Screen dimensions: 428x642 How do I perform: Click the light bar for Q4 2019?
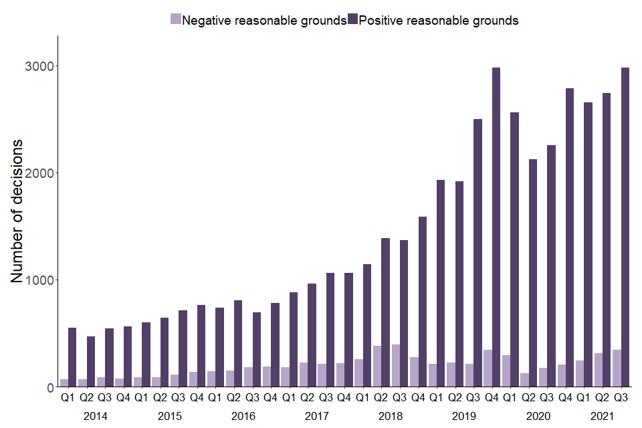488,368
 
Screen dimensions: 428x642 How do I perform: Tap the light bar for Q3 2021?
617,368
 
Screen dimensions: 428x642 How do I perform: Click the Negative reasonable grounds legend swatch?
176,19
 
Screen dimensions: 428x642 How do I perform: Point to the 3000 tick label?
40,66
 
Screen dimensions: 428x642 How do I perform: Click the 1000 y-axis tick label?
40,280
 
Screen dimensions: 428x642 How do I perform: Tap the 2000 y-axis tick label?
40,173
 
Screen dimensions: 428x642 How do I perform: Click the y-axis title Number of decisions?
17,211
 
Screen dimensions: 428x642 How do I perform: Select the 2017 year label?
316,415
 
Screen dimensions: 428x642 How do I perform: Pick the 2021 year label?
602,415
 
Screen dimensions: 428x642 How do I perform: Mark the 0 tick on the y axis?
50,387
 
